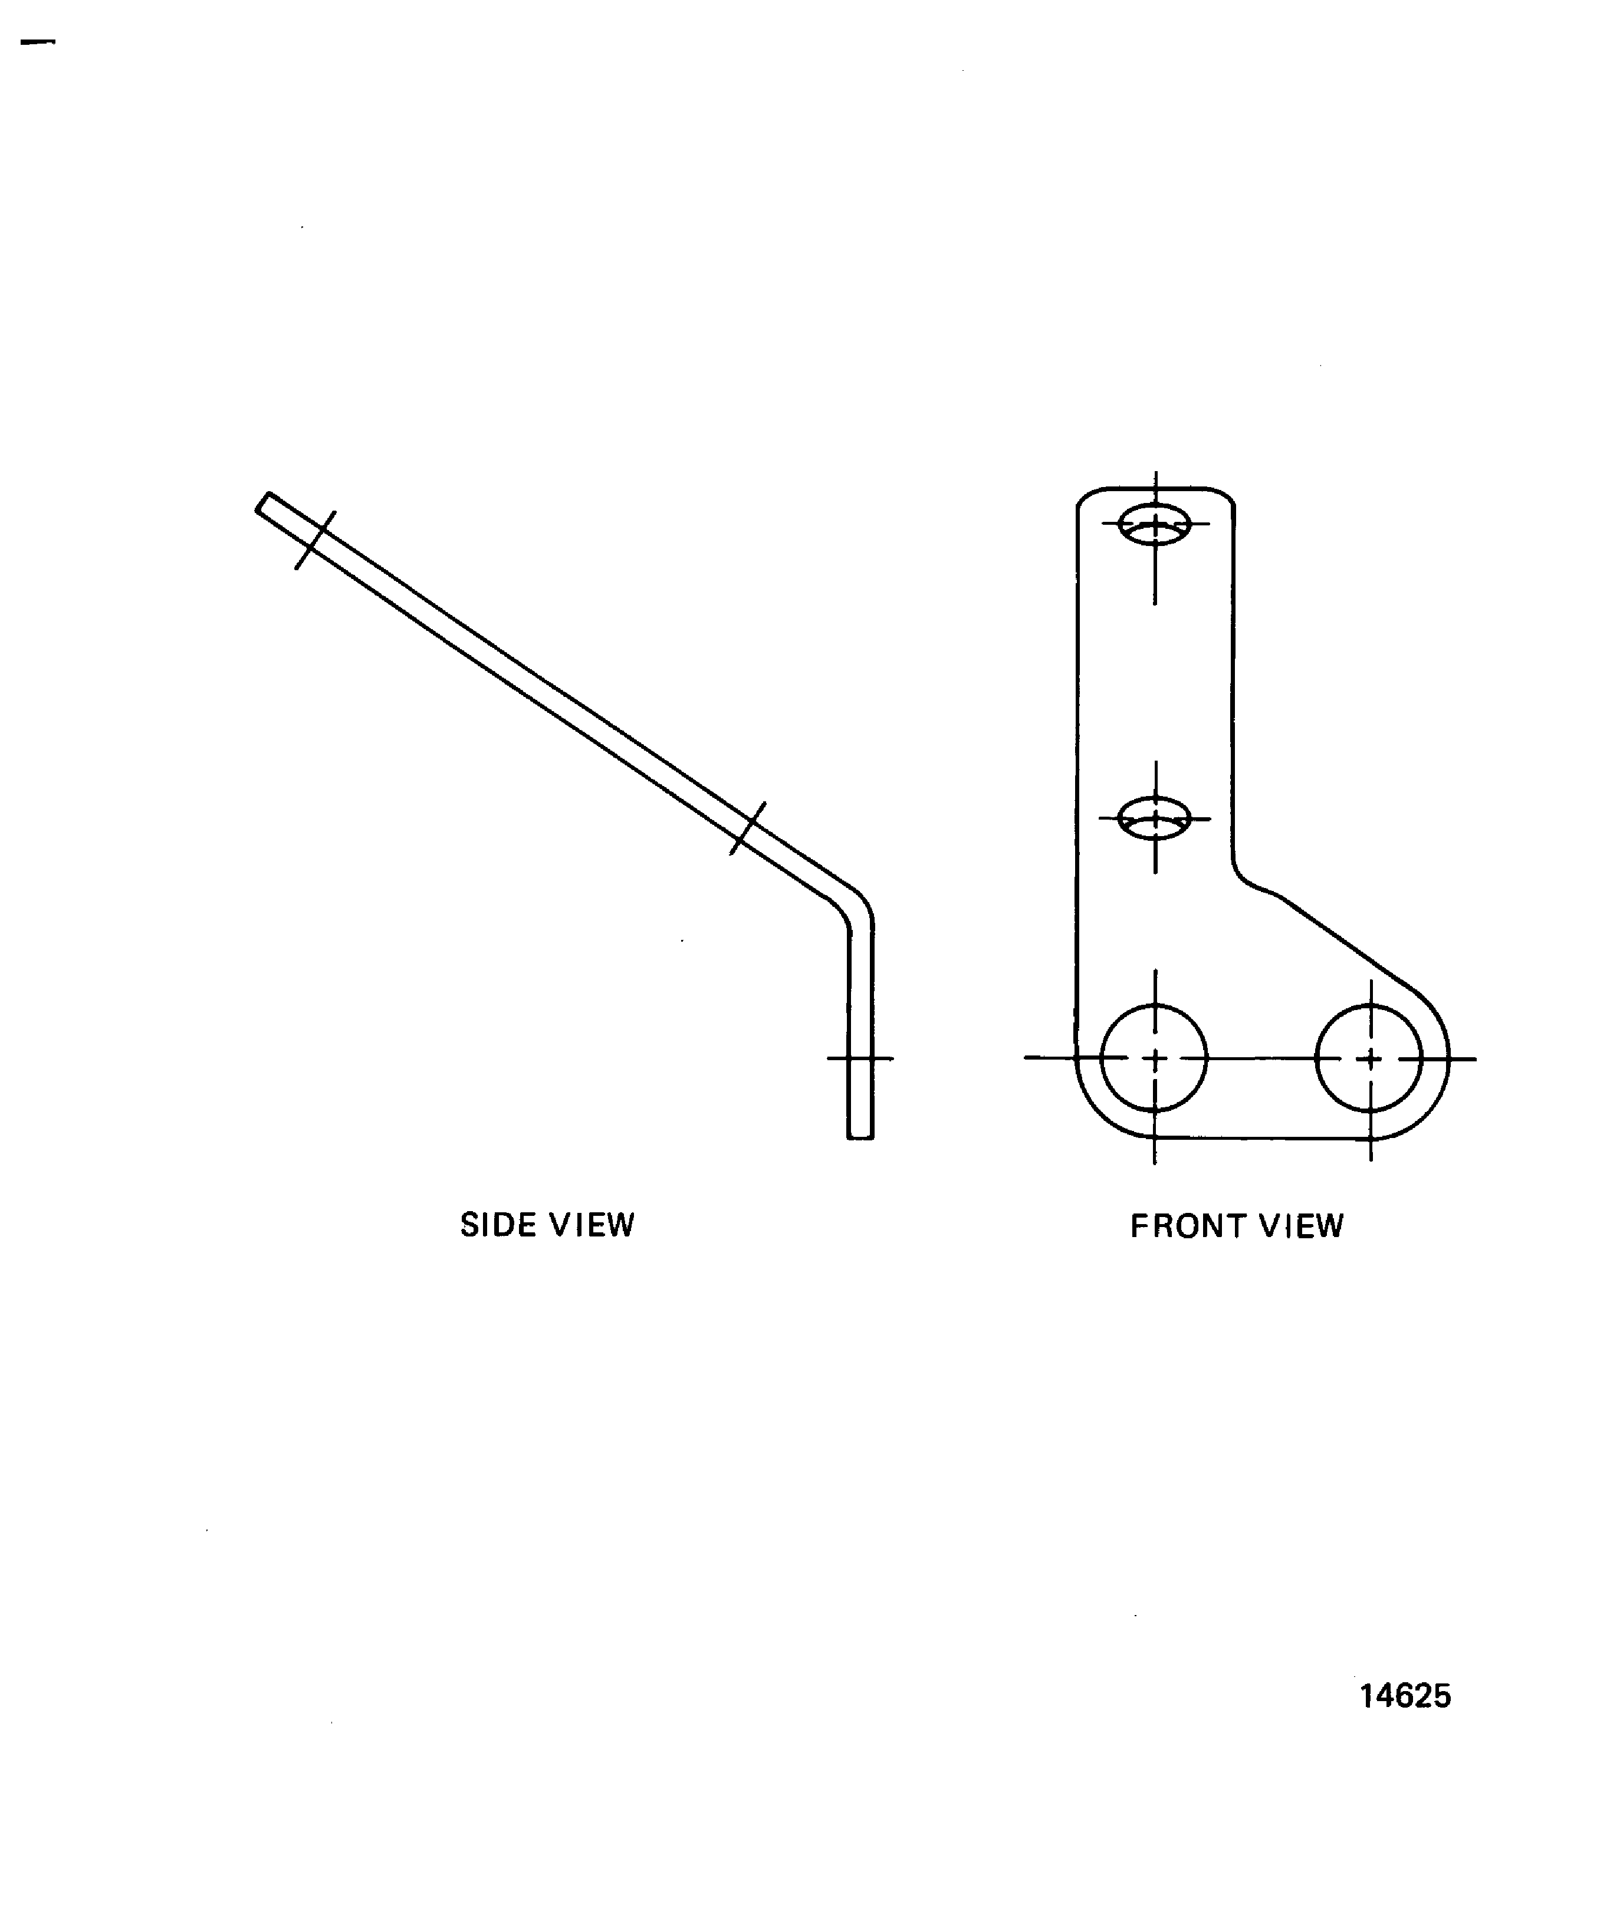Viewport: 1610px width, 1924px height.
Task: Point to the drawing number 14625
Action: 1405,1696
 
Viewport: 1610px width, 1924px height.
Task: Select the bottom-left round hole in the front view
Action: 1154,1058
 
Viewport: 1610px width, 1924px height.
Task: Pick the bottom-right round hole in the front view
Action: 1369,1058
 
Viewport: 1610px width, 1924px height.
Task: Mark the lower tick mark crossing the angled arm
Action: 748,828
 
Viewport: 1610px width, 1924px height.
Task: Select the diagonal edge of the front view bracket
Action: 1347,943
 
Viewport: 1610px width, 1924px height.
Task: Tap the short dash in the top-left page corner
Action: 38,42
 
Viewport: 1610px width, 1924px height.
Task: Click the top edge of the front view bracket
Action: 1155,488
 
